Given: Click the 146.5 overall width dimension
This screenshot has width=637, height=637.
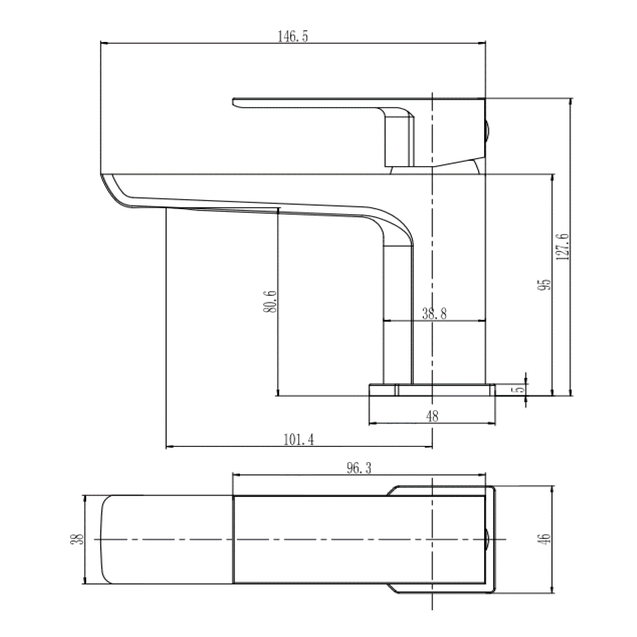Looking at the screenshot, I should click(x=293, y=37).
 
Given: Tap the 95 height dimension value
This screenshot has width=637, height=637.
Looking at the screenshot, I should click(x=545, y=284).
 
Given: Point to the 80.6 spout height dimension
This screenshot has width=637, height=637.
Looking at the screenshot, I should click(x=270, y=302).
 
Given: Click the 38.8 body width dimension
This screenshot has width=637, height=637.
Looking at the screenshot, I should click(x=434, y=314).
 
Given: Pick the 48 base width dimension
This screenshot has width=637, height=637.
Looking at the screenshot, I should click(x=432, y=416).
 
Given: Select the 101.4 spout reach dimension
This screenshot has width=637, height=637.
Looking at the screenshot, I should click(x=299, y=440).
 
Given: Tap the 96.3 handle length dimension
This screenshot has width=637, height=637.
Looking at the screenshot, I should click(x=359, y=468).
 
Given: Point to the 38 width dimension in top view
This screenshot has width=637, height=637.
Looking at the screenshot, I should click(x=78, y=539).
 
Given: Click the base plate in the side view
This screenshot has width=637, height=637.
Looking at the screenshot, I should click(x=432, y=390).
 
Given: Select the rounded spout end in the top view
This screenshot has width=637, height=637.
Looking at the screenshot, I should click(x=106, y=539).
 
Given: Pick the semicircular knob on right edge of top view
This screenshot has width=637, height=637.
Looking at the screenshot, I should click(x=488, y=539).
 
